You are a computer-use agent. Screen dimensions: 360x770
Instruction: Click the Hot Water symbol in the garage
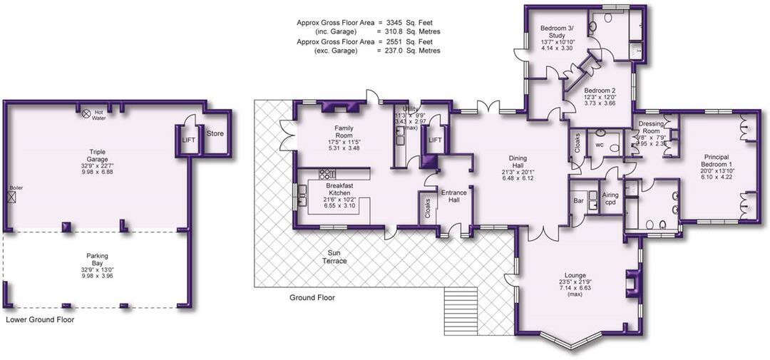click(86, 113)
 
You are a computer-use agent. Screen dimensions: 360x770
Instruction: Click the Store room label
click(215, 133)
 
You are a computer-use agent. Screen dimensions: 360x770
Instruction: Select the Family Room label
click(344, 131)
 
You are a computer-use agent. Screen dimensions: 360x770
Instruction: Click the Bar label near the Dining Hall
click(578, 202)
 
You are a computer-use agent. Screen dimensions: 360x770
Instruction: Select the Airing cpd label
click(610, 199)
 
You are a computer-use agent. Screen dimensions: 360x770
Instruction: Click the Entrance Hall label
click(453, 197)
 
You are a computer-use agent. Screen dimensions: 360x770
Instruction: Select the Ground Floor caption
click(312, 298)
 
